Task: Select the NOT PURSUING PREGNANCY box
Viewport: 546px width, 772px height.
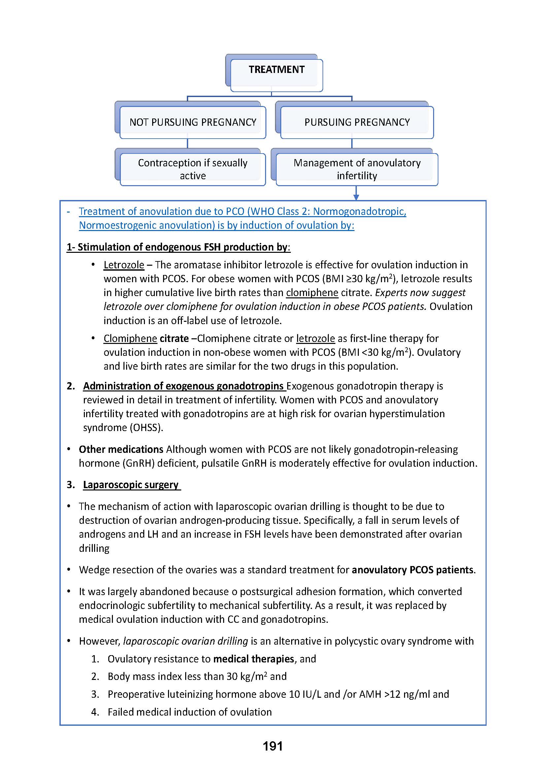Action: coord(193,122)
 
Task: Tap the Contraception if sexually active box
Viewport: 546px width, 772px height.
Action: coord(193,169)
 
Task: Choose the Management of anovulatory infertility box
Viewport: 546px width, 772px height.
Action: coord(357,169)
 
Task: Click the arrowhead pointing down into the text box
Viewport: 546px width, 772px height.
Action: coord(357,197)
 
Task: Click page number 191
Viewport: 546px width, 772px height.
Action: coord(273,746)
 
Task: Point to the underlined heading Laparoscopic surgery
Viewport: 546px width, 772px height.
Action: coord(131,485)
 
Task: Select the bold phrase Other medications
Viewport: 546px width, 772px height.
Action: coord(121,449)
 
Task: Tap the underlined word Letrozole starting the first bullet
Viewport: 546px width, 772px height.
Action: coord(124,265)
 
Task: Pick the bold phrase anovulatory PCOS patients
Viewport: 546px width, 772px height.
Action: coord(413,570)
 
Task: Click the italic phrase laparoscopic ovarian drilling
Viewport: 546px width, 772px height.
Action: coord(186,641)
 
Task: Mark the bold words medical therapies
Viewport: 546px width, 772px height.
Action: coord(254,659)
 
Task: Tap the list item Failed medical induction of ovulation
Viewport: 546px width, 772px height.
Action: coord(189,712)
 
